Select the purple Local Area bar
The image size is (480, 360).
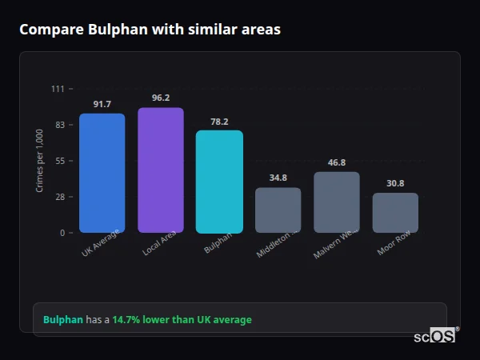pos(161,170)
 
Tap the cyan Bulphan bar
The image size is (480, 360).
pos(219,182)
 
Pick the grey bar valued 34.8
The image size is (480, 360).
pos(278,210)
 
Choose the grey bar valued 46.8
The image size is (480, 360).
pos(337,202)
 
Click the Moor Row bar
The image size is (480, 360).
pos(395,213)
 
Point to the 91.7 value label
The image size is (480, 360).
pos(102,105)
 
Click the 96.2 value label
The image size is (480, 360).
pos(161,98)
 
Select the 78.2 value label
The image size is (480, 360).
pos(219,122)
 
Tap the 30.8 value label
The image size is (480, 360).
pos(395,183)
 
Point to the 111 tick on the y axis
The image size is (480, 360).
pos(58,89)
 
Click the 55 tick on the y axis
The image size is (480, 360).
pos(59,161)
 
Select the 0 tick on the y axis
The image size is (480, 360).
pos(62,233)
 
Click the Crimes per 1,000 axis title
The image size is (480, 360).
pos(40,161)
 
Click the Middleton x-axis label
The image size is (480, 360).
pos(278,243)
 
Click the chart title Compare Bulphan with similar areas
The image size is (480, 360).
pos(150,30)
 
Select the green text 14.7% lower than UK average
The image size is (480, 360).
pos(182,320)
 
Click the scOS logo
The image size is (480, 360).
pos(434,336)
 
